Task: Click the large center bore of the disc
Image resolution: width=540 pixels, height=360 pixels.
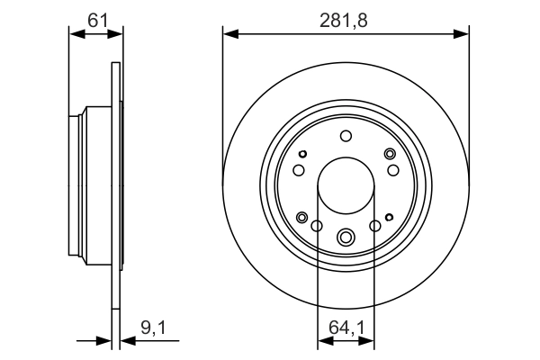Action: pos(346,186)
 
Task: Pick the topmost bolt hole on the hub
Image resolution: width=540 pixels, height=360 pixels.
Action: pos(346,137)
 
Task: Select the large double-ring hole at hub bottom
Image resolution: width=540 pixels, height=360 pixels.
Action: pos(346,238)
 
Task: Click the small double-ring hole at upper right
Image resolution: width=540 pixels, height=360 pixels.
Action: pos(390,154)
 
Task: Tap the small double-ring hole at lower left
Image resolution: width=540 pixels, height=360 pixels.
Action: pos(301,217)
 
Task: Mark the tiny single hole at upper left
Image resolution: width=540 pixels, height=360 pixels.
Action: pos(304,153)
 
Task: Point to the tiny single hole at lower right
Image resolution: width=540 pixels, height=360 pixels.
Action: pos(388,217)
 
